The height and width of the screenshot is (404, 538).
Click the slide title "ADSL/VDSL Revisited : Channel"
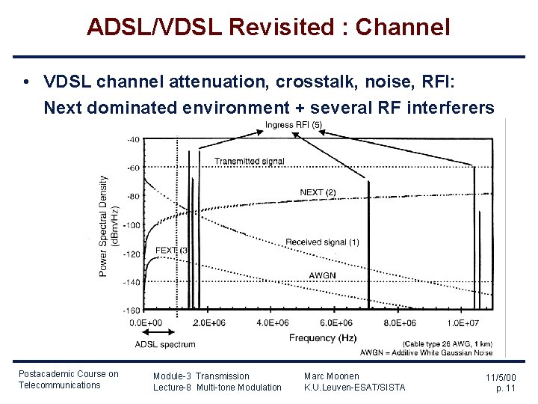[268, 28]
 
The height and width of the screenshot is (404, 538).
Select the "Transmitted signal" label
[249, 162]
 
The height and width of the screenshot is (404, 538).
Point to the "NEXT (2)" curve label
[318, 192]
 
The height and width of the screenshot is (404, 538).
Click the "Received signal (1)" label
[322, 242]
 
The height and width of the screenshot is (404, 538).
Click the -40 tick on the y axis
[133, 140]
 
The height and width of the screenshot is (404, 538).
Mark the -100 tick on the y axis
[132, 225]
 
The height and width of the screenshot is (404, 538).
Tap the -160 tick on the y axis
[132, 310]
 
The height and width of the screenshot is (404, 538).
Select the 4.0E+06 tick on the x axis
[273, 322]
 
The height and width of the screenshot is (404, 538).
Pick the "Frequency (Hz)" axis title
[323, 338]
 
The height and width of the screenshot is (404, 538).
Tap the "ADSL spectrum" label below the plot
[165, 345]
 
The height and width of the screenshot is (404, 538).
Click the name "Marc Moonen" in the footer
[331, 376]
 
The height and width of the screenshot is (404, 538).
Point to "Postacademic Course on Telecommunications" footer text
[68, 379]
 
